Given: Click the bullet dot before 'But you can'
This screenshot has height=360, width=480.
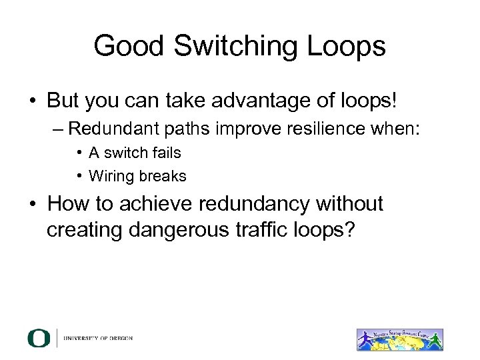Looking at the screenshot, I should [x=32, y=102].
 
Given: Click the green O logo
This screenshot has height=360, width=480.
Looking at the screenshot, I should [x=39, y=338].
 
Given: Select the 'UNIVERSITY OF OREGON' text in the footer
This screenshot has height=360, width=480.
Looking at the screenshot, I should [x=99, y=338].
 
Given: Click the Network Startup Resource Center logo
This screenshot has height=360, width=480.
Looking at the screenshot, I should [x=399, y=339].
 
